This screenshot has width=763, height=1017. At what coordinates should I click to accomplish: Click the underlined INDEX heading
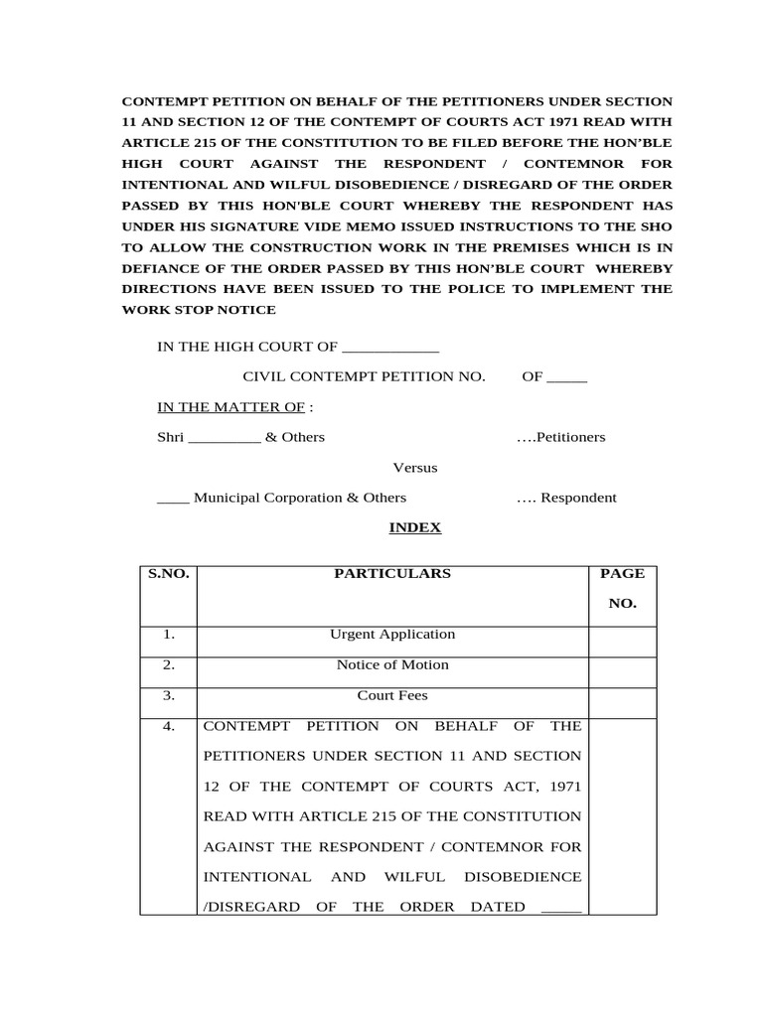[x=414, y=528]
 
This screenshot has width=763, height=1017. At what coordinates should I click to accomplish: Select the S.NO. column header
[x=169, y=573]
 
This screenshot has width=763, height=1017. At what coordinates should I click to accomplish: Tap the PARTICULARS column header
[x=392, y=573]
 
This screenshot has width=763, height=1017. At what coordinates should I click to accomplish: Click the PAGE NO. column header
[x=622, y=588]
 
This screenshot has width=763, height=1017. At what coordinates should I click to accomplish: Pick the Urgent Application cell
[x=392, y=634]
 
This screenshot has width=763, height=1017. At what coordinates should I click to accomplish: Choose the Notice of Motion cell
[x=392, y=664]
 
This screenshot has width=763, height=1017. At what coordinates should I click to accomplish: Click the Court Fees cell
[x=392, y=696]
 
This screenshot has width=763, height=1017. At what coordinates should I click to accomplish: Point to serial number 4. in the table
[x=169, y=727]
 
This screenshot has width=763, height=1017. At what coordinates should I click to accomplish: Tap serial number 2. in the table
[x=169, y=664]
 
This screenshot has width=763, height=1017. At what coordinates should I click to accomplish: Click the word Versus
[x=415, y=468]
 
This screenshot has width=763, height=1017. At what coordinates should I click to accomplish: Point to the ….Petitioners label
[x=560, y=437]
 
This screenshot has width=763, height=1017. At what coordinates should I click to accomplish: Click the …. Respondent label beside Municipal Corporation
[x=566, y=498]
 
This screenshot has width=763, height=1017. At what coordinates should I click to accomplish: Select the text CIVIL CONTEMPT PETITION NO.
[x=365, y=377]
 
